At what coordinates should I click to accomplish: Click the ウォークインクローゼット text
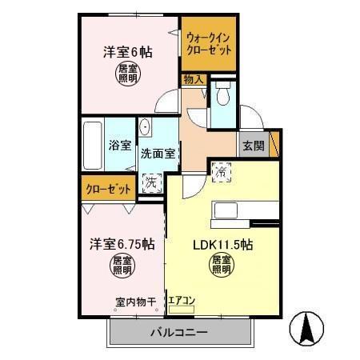point(209,42)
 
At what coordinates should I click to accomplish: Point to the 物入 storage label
point(193,80)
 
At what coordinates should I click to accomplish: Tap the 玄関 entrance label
point(254,146)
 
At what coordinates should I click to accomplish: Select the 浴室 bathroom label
point(121,147)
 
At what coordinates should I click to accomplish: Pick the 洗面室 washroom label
point(158,154)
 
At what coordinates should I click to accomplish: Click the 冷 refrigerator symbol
point(222,170)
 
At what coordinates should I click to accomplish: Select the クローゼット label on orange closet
point(106,189)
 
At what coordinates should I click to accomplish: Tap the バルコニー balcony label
point(178,333)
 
